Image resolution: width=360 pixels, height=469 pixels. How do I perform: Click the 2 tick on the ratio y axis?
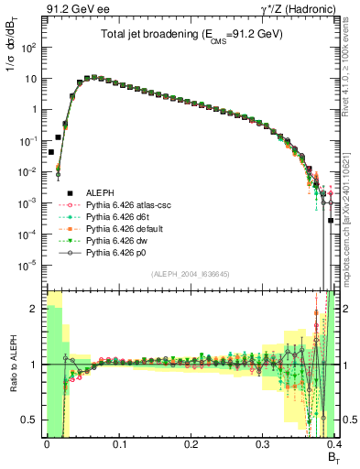33,309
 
